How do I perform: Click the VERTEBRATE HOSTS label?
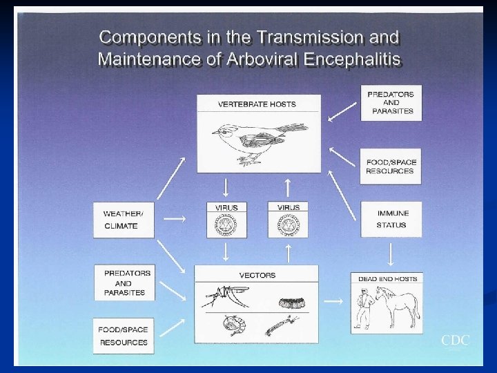coord(257,104)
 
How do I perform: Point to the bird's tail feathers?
coord(293,129)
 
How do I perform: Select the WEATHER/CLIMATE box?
coord(124,220)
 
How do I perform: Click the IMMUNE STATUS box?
coord(391,219)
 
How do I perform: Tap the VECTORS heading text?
coord(257,275)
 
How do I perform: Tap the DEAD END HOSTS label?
coord(387,279)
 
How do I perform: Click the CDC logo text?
coord(456,340)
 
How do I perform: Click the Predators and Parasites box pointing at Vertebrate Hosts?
coord(391,102)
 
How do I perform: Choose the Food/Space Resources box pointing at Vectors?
coord(124,336)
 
